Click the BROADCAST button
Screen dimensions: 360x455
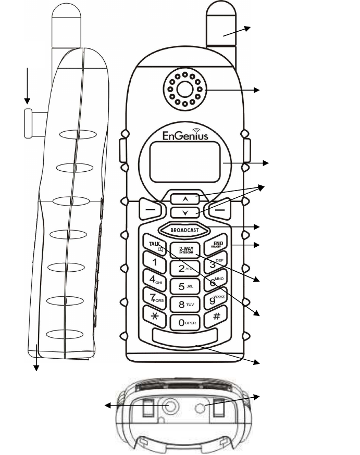pos(185,231)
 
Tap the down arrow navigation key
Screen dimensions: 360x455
pos(185,212)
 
